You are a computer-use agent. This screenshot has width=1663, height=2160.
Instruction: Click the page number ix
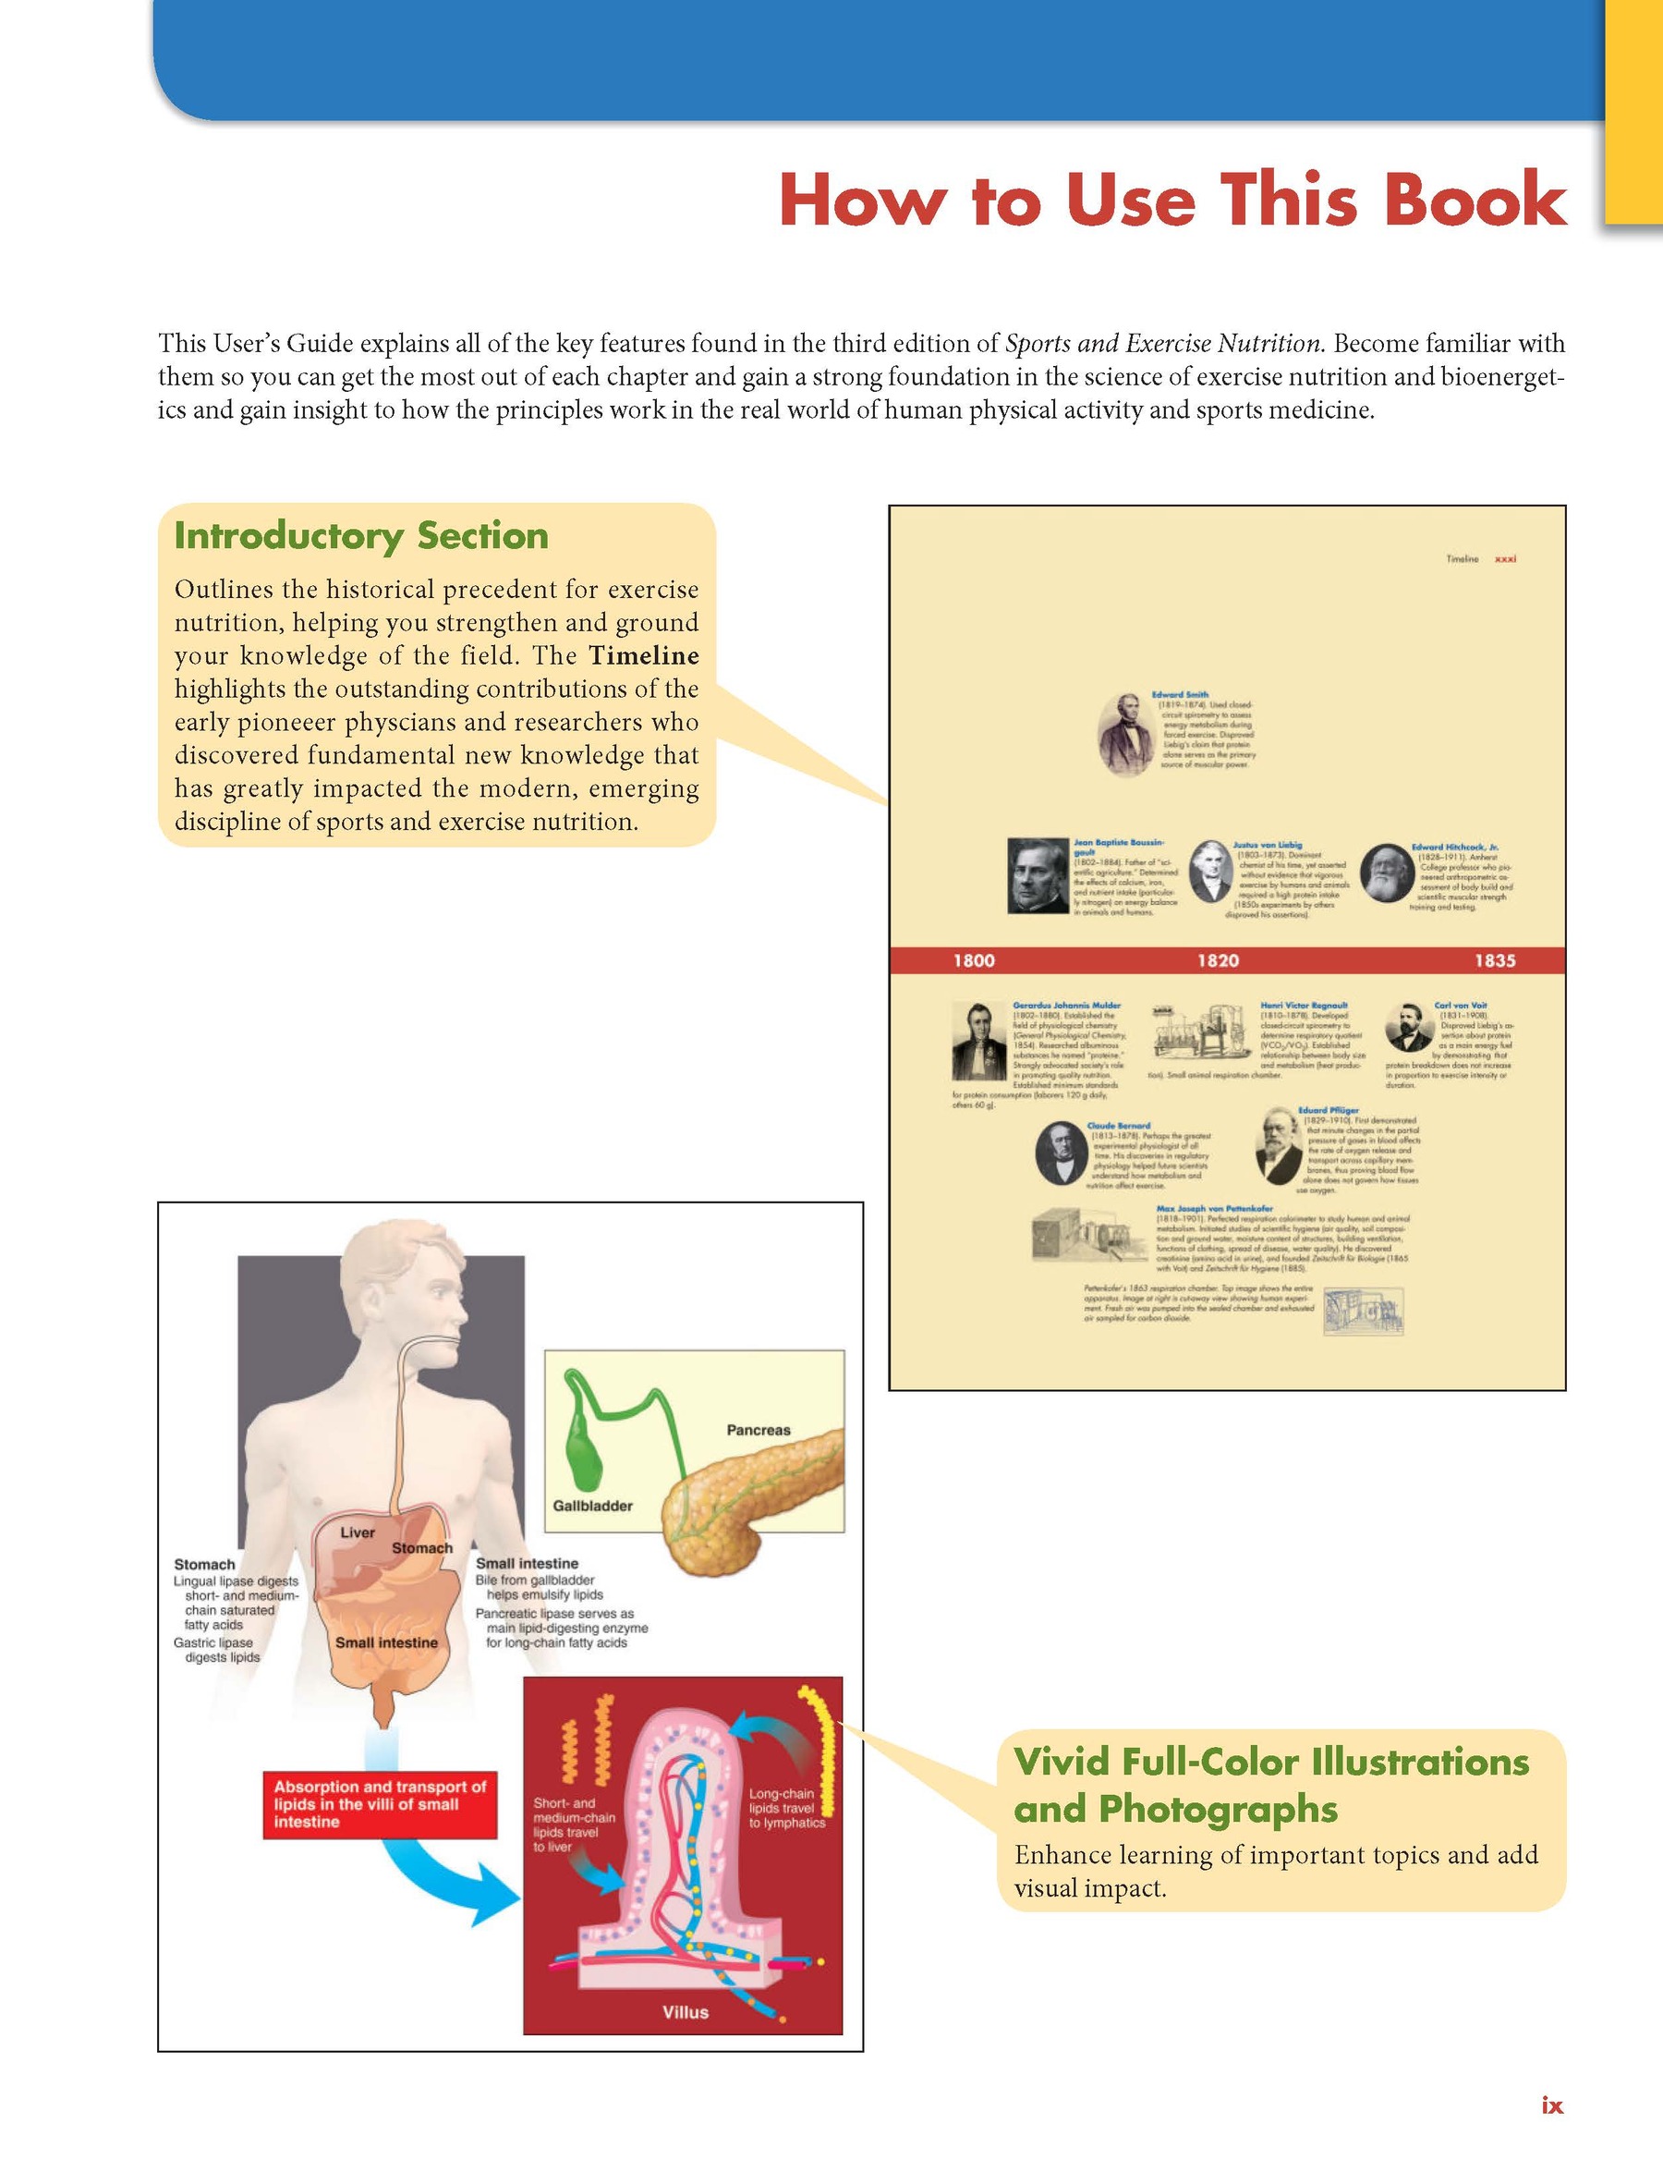click(1551, 2105)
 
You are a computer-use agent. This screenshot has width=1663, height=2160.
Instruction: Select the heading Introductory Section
click(361, 535)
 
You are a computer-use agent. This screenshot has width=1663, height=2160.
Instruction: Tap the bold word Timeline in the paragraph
click(644, 655)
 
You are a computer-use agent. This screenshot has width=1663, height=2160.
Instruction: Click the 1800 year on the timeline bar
click(974, 960)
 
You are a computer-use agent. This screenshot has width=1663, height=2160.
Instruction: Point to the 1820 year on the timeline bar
click(1218, 960)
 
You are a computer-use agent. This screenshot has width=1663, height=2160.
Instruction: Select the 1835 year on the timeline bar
click(1495, 960)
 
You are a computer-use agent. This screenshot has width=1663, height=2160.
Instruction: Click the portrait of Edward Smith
click(1126, 734)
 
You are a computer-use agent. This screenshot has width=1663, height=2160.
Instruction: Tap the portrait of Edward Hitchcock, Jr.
click(1383, 873)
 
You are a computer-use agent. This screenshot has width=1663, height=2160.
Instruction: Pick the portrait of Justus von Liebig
click(1210, 872)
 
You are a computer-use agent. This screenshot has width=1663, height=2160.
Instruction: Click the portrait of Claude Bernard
click(1060, 1154)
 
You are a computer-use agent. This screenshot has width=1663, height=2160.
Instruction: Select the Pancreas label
click(759, 1430)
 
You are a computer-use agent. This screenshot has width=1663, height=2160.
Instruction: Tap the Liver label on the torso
click(357, 1532)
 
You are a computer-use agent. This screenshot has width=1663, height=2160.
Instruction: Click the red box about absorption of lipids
click(380, 1804)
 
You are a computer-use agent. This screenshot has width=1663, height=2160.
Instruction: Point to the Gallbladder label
click(592, 1506)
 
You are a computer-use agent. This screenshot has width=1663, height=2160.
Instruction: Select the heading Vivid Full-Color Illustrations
click(1271, 1762)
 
